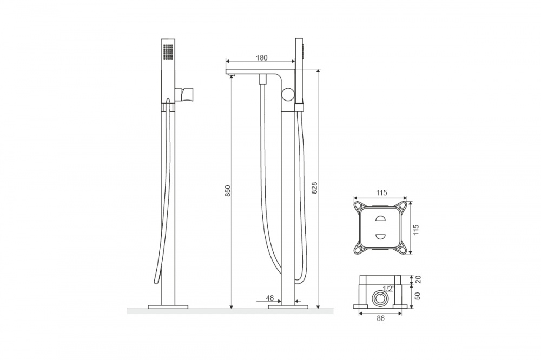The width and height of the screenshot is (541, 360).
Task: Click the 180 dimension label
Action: [261, 58]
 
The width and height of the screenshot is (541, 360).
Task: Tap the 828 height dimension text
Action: [314, 188]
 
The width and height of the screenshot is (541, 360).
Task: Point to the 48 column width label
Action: [270, 298]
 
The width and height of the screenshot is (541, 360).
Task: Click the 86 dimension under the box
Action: [380, 318]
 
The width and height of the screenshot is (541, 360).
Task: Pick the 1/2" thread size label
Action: [388, 289]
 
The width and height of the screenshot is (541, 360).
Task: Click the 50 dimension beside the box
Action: [418, 296]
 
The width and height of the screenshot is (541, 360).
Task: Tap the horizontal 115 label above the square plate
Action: [381, 193]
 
